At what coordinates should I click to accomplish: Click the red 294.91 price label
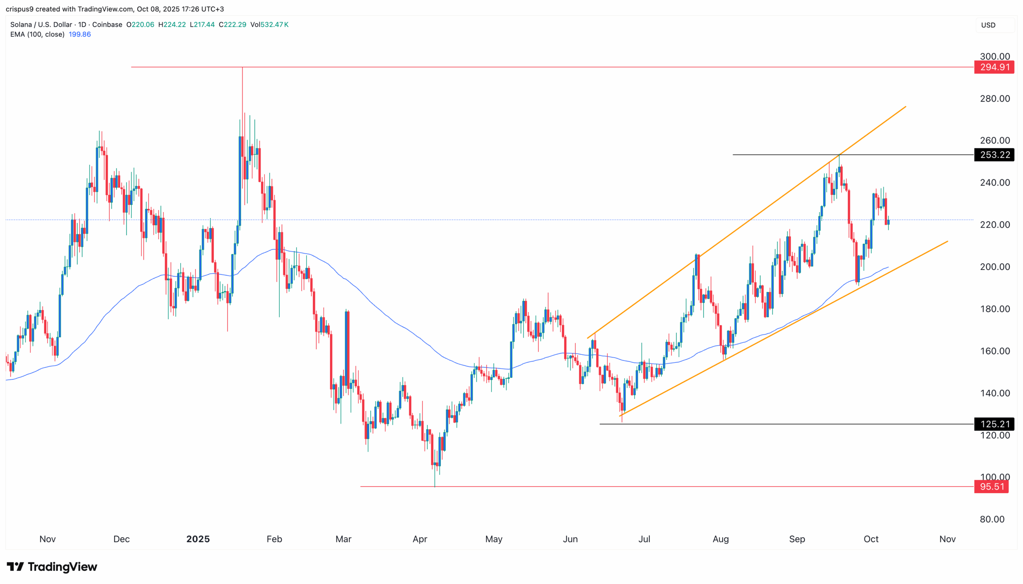pos(994,67)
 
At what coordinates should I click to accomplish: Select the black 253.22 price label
pos(994,155)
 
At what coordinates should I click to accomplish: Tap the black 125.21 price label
pos(994,424)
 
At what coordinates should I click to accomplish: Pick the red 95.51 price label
pos(991,486)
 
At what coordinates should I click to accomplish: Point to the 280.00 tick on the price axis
pos(995,98)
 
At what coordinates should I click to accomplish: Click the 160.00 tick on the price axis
pos(995,351)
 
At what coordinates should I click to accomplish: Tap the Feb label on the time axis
pos(274,539)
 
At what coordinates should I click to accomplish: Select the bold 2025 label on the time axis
pos(198,539)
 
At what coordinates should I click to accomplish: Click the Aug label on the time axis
pos(720,539)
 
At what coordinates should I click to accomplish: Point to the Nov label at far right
pos(947,539)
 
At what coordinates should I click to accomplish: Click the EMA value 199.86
pos(80,34)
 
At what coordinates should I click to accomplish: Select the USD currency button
pos(988,25)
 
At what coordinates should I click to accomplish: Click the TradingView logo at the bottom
pos(52,566)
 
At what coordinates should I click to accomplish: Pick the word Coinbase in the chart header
pos(107,24)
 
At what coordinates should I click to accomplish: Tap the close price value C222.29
pos(233,24)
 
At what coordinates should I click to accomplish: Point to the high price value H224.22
pos(172,24)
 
